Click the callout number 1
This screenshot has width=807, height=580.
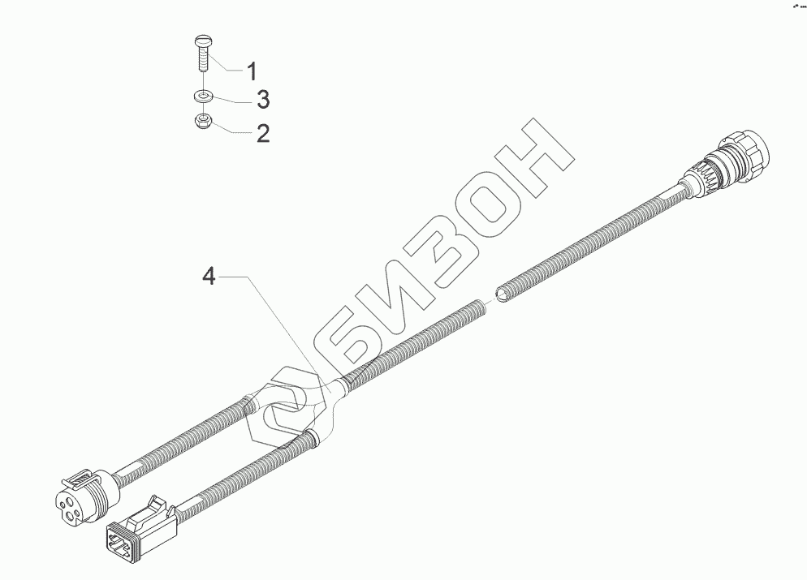pos(252,71)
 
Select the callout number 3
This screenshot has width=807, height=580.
pos(262,101)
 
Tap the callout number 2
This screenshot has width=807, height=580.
pos(262,132)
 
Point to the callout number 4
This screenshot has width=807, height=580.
pos(209,277)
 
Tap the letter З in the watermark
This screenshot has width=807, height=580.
pos(447,252)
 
